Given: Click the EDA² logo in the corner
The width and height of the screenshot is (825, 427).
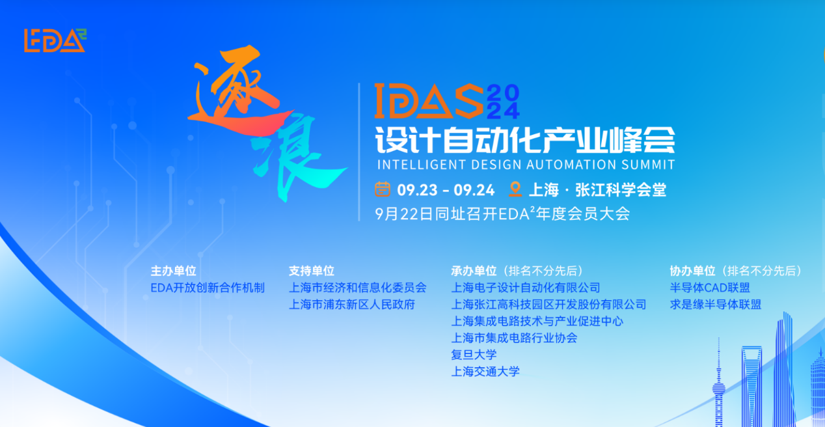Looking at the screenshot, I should coord(55,41).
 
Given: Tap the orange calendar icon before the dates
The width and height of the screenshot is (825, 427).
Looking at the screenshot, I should coord(383,189).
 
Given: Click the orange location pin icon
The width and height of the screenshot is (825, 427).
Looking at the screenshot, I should coord(515,189).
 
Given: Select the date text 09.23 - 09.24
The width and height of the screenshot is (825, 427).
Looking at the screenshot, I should coord(446,190).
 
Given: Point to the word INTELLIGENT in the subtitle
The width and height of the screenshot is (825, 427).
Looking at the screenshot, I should coord(417,165).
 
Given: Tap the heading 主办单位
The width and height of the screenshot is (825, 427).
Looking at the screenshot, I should coord(173,271).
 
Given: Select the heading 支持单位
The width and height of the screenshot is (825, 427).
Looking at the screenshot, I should coord(311,271).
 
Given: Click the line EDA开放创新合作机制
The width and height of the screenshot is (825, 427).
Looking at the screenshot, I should coord(208,288).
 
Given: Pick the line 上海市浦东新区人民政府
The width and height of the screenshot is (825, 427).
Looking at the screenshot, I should coord(351,305).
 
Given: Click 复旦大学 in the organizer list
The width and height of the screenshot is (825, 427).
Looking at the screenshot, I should coord(474,355).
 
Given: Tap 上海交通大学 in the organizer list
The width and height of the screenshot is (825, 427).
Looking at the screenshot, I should coord(485,372).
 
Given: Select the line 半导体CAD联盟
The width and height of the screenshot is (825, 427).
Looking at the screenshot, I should coord(710,288).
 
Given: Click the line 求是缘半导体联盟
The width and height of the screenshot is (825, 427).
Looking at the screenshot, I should coord(715,305).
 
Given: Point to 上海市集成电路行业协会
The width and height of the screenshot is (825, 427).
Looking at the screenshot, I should coord(514,338).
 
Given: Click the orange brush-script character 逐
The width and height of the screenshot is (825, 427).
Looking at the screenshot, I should coord(234,98).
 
